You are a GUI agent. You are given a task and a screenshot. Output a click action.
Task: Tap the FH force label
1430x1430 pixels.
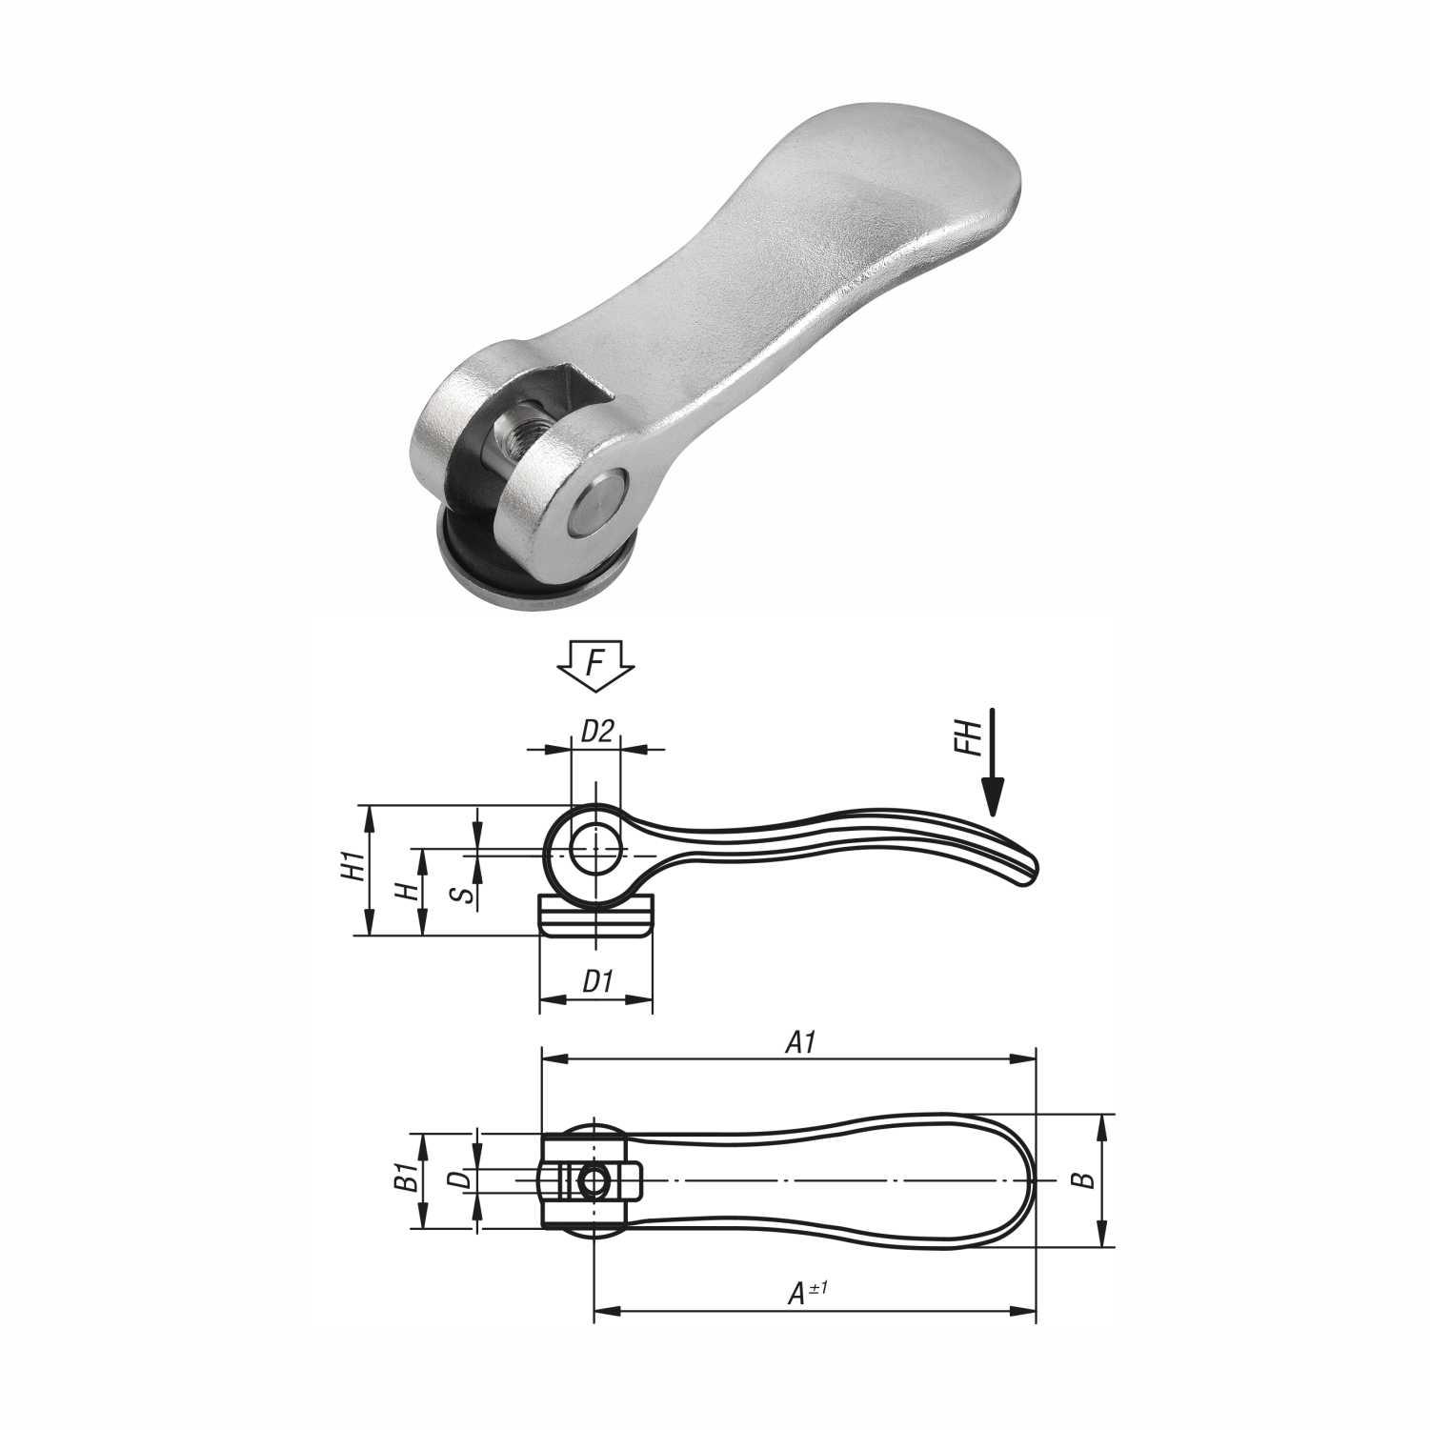pyautogui.click(x=969, y=738)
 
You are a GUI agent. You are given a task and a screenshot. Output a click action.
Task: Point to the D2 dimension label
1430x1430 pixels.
pyautogui.click(x=597, y=731)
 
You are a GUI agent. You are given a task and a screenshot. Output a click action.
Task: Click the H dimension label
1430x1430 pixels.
pyautogui.click(x=407, y=891)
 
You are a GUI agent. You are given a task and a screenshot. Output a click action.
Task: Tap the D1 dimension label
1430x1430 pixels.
pyautogui.click(x=597, y=980)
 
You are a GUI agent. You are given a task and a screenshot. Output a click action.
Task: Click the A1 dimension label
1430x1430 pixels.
pyautogui.click(x=801, y=1043)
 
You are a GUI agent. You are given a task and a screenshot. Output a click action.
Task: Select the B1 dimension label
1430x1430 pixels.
pyautogui.click(x=407, y=1178)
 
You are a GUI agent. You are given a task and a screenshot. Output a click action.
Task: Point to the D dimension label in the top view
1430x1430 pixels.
pyautogui.click(x=459, y=1179)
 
